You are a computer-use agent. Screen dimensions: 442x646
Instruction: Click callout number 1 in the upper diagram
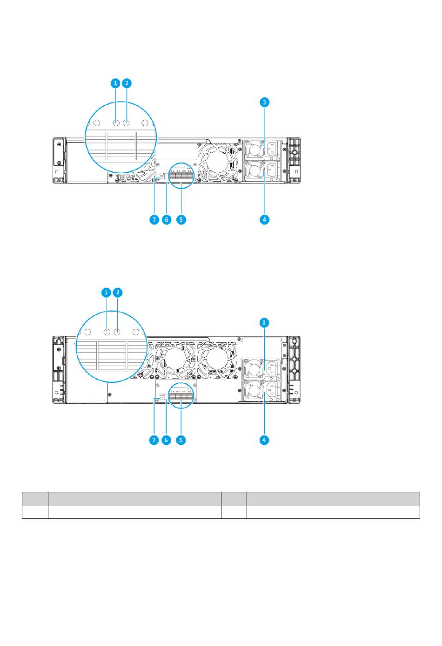pyautogui.click(x=115, y=83)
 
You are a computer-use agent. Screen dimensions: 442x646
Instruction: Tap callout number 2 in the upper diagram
pyautogui.click(x=127, y=83)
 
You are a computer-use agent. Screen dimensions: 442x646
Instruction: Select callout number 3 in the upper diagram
pyautogui.click(x=264, y=102)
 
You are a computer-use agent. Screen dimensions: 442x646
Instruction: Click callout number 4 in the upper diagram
pyautogui.click(x=264, y=220)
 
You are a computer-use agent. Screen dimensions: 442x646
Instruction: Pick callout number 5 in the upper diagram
pyautogui.click(x=181, y=220)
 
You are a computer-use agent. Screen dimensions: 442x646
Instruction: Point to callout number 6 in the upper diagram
pyautogui.click(x=167, y=220)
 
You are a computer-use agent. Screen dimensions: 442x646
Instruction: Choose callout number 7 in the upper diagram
pyautogui.click(x=154, y=220)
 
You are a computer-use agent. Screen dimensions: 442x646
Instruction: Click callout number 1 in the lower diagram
pyautogui.click(x=107, y=292)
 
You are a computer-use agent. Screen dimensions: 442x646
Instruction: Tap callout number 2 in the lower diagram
pyautogui.click(x=118, y=292)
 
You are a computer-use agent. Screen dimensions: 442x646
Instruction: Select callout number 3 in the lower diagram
pyautogui.click(x=264, y=323)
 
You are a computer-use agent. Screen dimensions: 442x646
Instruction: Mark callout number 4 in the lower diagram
pyautogui.click(x=264, y=440)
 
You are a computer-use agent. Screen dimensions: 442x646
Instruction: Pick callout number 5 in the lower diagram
pyautogui.click(x=181, y=440)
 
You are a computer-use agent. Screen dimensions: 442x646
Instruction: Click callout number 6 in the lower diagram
pyautogui.click(x=166, y=440)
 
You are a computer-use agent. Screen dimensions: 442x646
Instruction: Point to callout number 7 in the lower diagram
pyautogui.click(x=154, y=440)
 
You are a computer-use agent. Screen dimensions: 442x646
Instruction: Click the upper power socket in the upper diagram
pyautogui.click(x=272, y=149)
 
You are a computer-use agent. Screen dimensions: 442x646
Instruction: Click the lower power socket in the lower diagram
pyautogui.click(x=272, y=390)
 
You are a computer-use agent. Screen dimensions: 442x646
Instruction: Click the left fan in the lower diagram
pyautogui.click(x=175, y=360)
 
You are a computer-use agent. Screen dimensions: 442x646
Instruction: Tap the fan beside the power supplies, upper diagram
pyautogui.click(x=218, y=163)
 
